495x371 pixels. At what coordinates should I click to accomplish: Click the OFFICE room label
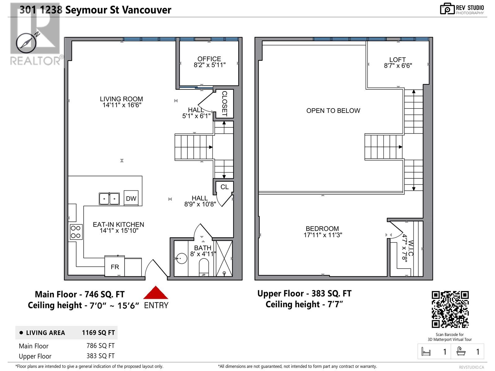(x=209, y=59)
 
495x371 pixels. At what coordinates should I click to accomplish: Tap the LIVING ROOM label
(x=121, y=99)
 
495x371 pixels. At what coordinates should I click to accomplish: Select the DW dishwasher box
(x=131, y=198)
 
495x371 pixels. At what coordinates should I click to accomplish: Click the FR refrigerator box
(x=115, y=267)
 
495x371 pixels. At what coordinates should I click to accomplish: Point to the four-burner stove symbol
(x=76, y=232)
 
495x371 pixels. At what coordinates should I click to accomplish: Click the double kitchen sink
(x=109, y=199)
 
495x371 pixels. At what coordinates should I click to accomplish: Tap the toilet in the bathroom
(x=204, y=267)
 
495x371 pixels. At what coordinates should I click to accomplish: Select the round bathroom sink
(x=181, y=258)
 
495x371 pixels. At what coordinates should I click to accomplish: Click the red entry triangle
(x=156, y=293)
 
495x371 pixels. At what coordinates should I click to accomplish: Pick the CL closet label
(x=225, y=187)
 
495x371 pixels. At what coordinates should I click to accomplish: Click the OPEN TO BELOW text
(x=333, y=111)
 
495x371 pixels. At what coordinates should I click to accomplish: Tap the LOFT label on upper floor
(x=398, y=60)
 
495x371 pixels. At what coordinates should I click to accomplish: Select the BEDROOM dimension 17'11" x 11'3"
(x=323, y=235)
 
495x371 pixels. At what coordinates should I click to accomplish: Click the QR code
(x=450, y=309)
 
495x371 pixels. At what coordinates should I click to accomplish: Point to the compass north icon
(x=26, y=43)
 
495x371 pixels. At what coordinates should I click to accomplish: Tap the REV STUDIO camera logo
(x=447, y=9)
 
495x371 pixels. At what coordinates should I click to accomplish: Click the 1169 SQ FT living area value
(x=98, y=333)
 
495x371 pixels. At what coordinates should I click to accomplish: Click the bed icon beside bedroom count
(x=426, y=352)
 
